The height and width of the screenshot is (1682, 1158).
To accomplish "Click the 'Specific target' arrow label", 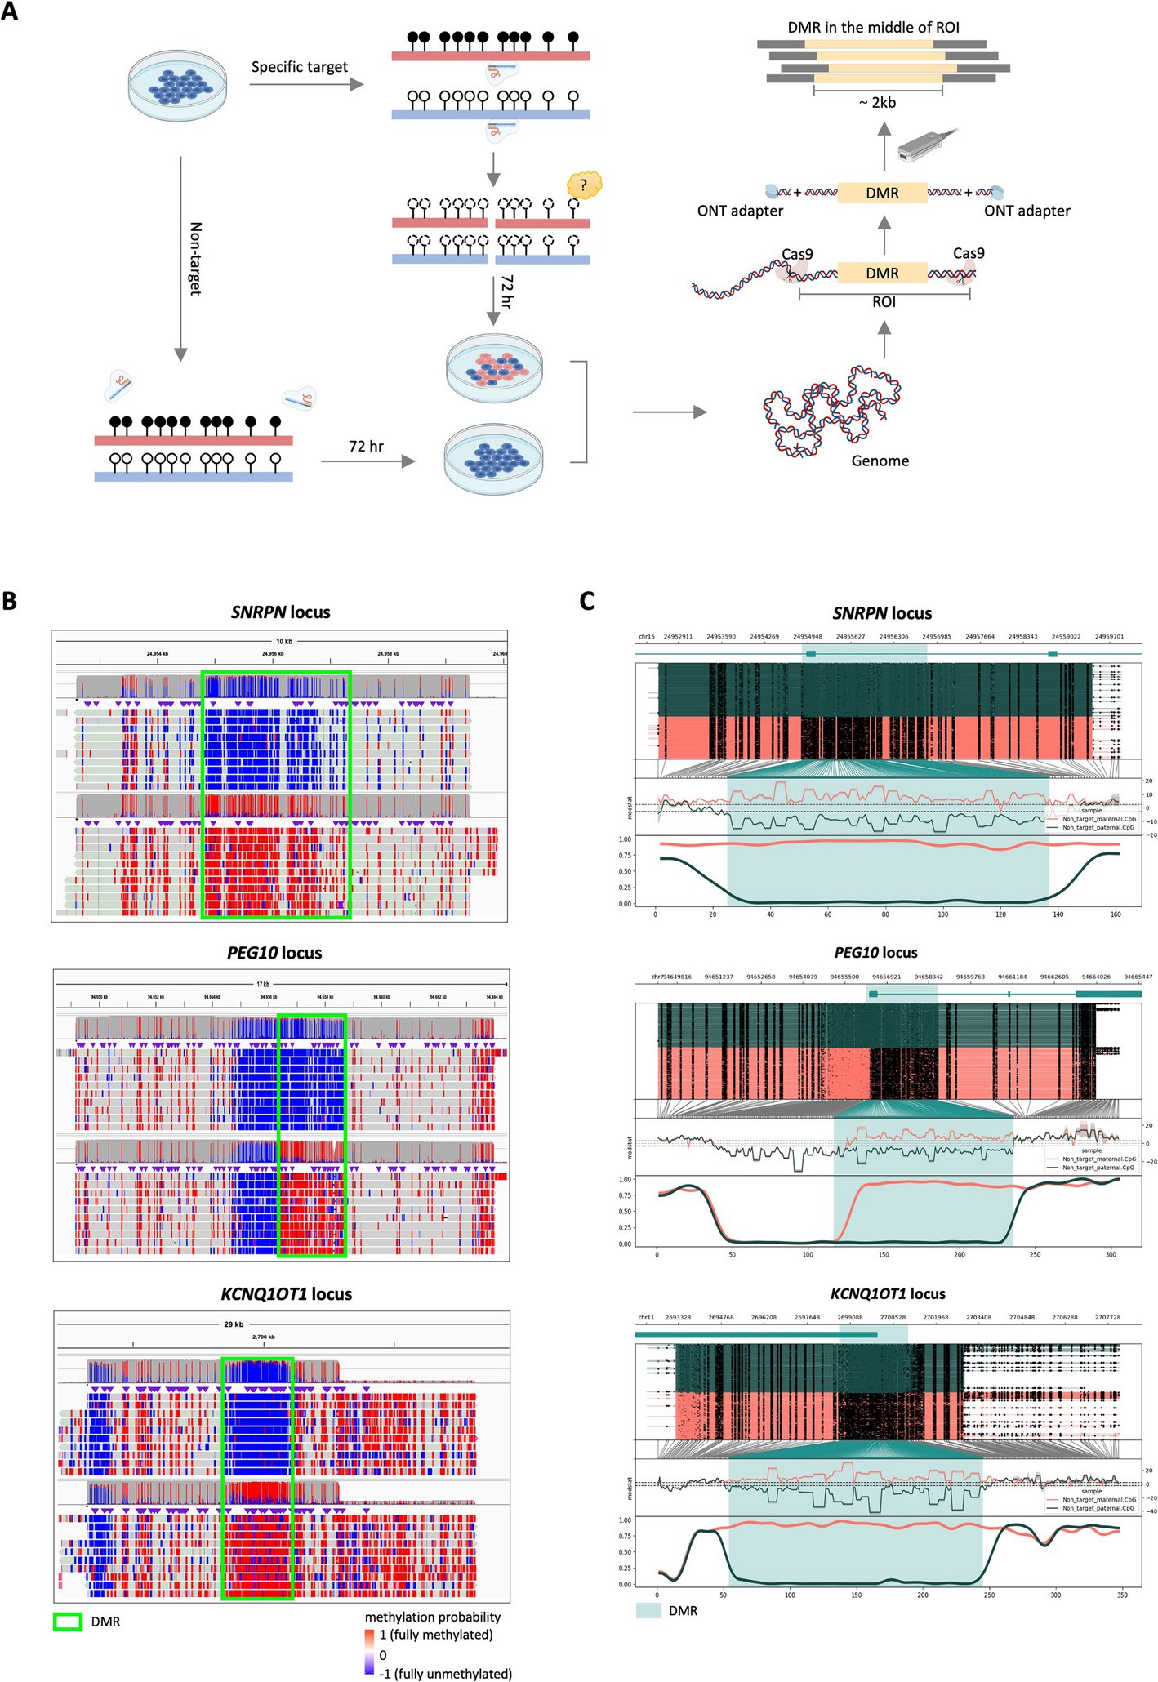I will click(299, 67).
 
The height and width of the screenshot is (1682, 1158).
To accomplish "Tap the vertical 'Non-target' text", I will click(195, 258).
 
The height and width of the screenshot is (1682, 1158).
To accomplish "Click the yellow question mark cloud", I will click(584, 185).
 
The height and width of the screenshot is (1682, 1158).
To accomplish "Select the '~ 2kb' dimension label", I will click(877, 103).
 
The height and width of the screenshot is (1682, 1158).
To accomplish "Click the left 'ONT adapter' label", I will click(740, 211).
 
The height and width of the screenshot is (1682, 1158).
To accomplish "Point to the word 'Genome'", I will click(880, 461).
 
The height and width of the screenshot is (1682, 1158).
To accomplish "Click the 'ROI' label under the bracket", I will click(884, 302).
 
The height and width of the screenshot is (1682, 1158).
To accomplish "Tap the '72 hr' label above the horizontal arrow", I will click(366, 447).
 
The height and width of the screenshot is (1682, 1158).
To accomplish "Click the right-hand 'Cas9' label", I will click(969, 254).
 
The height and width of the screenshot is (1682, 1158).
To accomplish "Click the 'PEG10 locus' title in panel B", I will click(274, 953).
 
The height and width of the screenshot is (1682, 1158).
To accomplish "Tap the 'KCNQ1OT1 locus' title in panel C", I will click(888, 1294).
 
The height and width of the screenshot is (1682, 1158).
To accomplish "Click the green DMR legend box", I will click(67, 1622).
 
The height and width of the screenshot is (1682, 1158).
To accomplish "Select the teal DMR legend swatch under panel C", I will click(648, 1610).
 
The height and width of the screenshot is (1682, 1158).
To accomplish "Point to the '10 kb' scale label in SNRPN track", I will click(283, 641).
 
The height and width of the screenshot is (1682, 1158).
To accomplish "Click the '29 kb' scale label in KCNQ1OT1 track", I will click(234, 1324).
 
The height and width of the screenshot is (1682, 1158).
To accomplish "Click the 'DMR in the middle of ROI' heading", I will click(873, 28).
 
